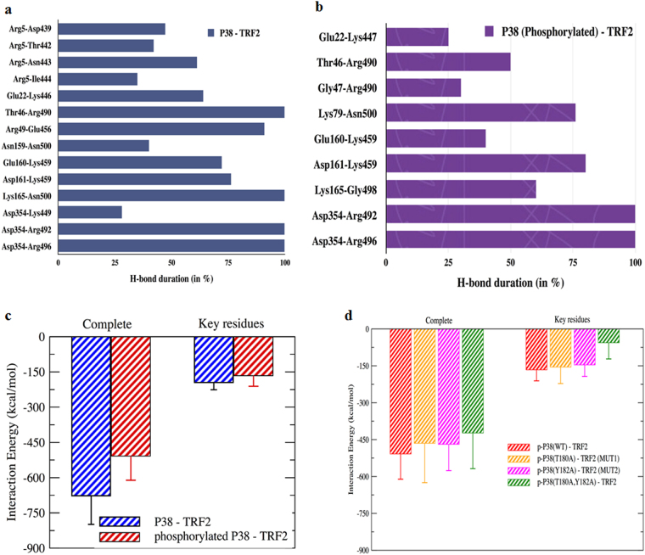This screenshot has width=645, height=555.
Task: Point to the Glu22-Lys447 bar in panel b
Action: tap(417, 36)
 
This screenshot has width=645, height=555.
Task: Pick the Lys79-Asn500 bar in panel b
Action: tap(480, 112)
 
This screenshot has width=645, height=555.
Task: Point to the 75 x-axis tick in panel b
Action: tap(573, 266)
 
